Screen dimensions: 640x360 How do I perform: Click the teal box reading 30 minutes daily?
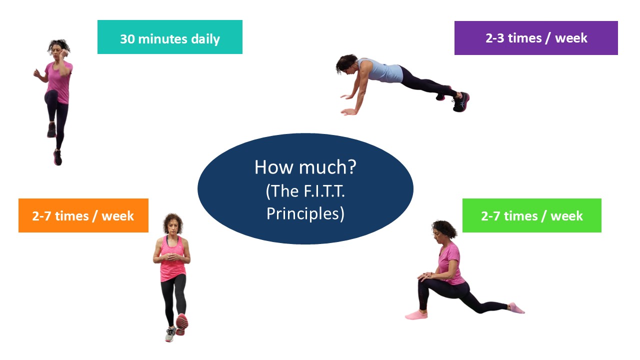170,37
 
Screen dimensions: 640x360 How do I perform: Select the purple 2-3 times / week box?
536,37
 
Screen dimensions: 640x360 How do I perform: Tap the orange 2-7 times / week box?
83,215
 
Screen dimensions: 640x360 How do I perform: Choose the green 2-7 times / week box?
531,215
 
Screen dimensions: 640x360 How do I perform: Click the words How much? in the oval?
305,167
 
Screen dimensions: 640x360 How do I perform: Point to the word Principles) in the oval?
305,213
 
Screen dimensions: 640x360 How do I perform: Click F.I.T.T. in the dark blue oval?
324,191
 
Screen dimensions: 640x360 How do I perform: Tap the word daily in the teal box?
205,39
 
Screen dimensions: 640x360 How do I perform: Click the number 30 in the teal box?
127,39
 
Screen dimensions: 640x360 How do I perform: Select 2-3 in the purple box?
495,38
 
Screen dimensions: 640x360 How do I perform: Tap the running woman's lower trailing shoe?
57,157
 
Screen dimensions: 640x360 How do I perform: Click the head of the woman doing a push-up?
346,64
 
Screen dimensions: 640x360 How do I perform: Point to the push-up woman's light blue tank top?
381,70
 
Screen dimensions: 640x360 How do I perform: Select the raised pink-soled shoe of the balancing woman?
182,324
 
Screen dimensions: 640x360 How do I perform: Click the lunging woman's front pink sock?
416,315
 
